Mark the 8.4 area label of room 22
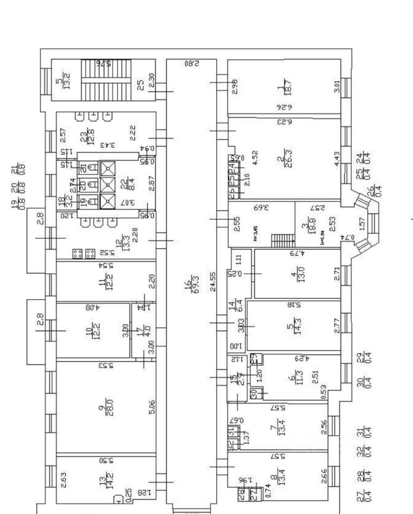[x=127, y=184]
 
